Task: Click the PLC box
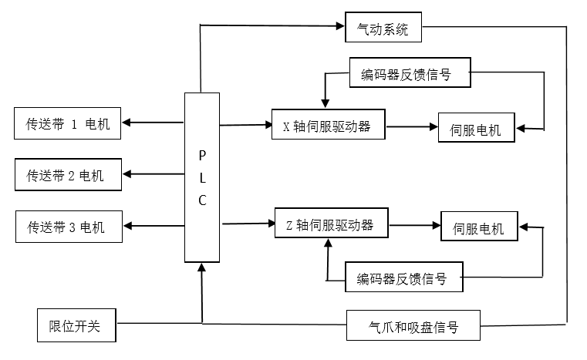(202, 177)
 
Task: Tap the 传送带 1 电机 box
(68, 123)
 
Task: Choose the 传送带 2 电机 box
(68, 175)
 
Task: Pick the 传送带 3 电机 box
(68, 227)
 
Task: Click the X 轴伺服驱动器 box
(328, 126)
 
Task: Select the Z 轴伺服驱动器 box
(331, 224)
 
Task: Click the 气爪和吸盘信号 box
(413, 326)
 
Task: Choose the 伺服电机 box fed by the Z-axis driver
(478, 227)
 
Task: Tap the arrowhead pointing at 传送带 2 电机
(129, 174)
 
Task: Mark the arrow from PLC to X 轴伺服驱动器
(245, 123)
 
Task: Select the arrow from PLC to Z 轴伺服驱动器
(248, 224)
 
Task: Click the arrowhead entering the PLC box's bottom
(202, 267)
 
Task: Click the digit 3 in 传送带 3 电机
(72, 227)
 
